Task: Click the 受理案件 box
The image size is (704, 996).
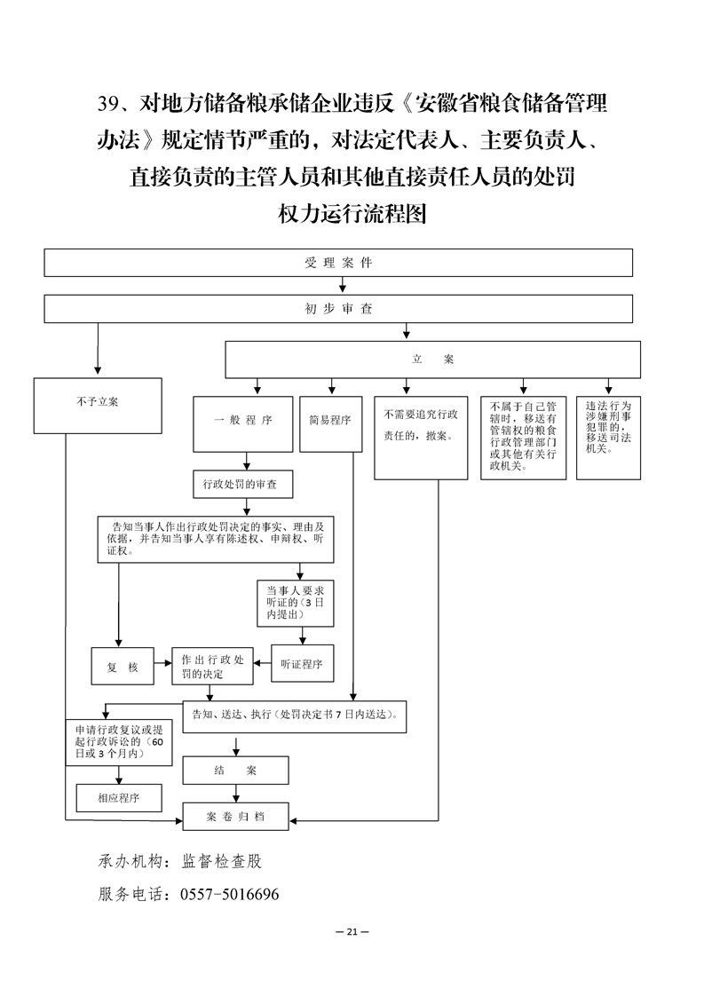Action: (x=338, y=263)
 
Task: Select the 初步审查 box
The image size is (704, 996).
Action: (x=338, y=309)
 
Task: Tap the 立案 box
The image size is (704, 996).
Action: (x=432, y=360)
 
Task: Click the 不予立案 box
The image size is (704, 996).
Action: (x=98, y=406)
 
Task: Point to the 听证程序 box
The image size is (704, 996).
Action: (x=301, y=663)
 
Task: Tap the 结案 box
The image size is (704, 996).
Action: (x=235, y=771)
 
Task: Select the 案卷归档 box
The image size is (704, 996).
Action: (x=235, y=816)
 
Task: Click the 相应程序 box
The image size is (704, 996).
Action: (x=119, y=798)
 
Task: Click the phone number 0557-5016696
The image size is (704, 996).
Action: (x=229, y=894)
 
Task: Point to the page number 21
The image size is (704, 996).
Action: (x=352, y=932)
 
